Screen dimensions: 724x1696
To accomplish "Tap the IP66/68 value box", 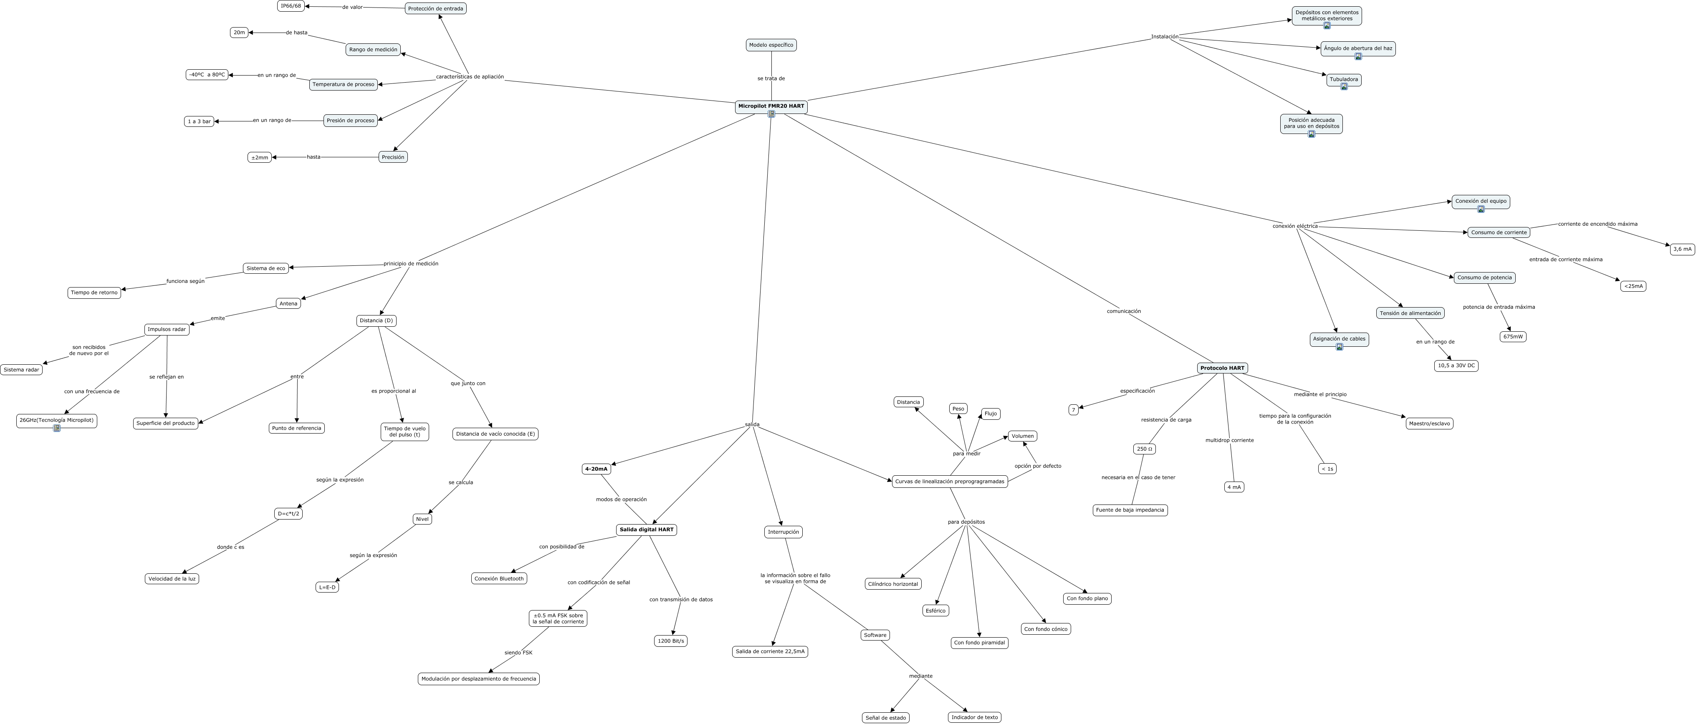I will [x=291, y=6].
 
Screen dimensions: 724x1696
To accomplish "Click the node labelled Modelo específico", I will [x=771, y=45].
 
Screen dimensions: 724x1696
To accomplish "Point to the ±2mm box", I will [x=259, y=157].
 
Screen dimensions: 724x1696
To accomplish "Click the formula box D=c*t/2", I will [x=288, y=513].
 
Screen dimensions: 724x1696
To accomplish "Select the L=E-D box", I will [x=327, y=587].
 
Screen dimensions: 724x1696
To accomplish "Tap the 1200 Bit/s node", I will [x=670, y=641].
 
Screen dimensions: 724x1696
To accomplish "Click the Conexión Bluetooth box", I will [x=499, y=578].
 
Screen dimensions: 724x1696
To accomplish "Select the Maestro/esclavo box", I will [x=1429, y=423].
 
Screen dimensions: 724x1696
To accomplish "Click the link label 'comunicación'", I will [x=1123, y=311].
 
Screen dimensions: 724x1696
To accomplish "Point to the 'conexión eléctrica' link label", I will [x=1294, y=226].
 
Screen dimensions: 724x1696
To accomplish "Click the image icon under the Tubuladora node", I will [x=1344, y=86].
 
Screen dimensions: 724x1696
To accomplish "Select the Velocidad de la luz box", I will [x=172, y=578].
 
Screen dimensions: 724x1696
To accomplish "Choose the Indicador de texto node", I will [x=974, y=717].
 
